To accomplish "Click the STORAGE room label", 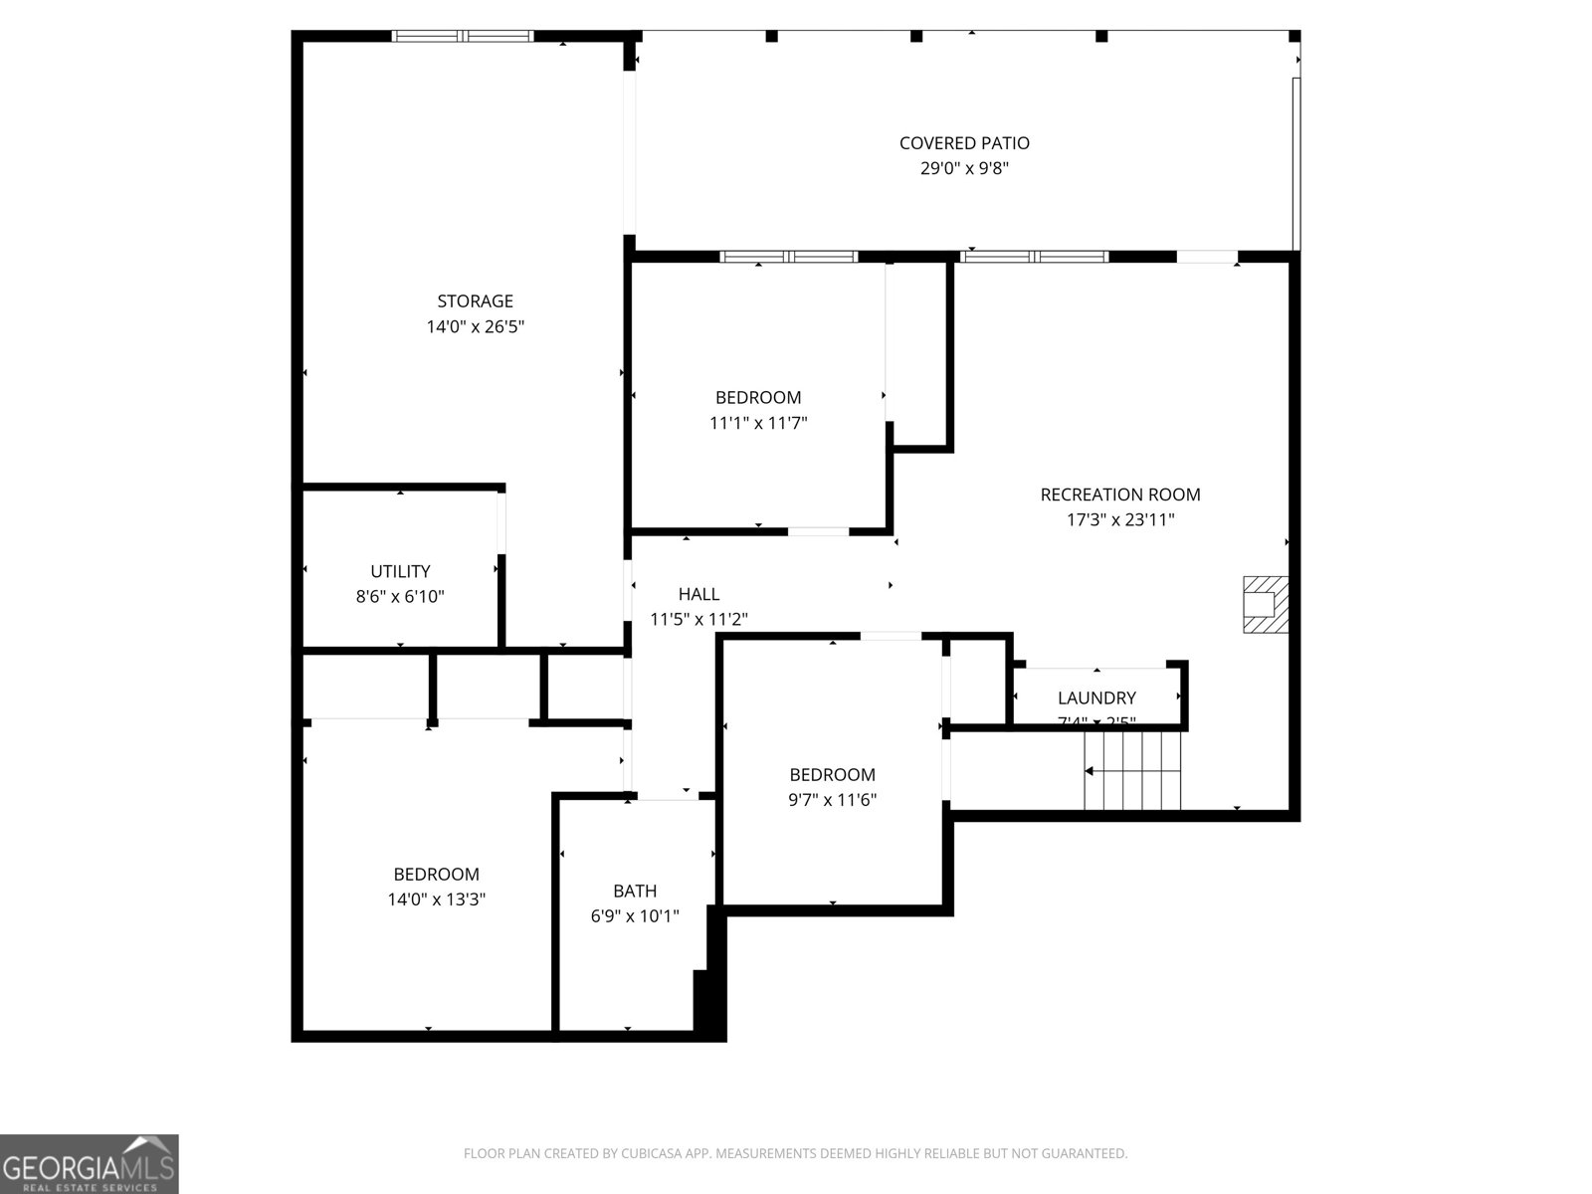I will tap(475, 300).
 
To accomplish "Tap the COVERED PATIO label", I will tap(963, 143).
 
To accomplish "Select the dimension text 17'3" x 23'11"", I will tap(1120, 519).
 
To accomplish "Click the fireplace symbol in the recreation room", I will tap(1265, 604).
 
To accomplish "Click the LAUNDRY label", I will tap(1096, 697).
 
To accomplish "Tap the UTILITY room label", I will tap(400, 571).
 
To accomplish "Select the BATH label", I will tap(634, 891).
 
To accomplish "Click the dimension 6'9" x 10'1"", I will tap(634, 915).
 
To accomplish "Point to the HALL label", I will tap(698, 594).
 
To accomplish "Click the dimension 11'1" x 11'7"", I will tap(757, 423).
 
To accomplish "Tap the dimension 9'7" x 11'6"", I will tap(832, 800).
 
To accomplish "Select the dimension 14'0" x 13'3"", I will tap(436, 899).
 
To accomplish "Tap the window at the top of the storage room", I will tap(463, 37).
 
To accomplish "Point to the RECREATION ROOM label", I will tap(1120, 495).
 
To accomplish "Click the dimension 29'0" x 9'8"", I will tap(963, 169).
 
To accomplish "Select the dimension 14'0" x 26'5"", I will tap(475, 326).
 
